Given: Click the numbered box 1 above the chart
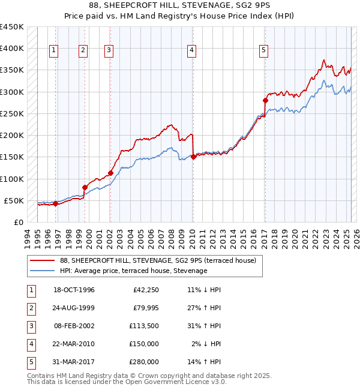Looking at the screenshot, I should point(54,51).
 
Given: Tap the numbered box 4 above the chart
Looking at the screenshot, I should point(191,51).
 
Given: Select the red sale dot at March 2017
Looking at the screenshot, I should point(265,100).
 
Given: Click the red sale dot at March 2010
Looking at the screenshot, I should point(193,157).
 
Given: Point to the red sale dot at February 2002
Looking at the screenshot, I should point(110,173).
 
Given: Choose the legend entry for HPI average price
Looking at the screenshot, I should point(133,271).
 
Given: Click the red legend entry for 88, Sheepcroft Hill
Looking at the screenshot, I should point(158,260).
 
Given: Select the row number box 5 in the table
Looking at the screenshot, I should point(30,362).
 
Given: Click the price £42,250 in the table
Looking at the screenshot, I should point(145,290).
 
